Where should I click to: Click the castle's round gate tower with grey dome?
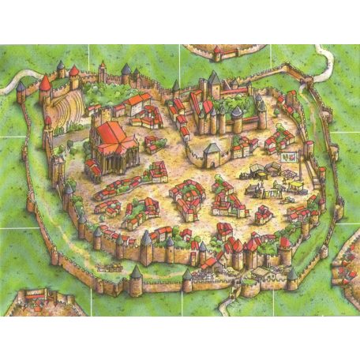(212, 150)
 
